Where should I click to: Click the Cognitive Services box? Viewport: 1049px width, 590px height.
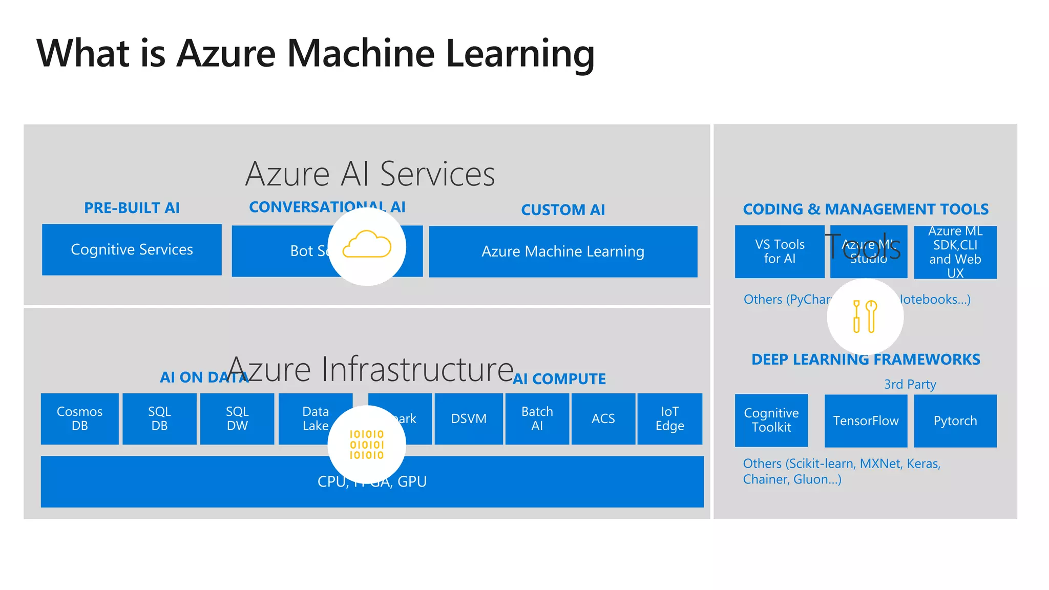pos(132,249)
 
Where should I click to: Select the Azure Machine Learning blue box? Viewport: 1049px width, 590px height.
pos(563,251)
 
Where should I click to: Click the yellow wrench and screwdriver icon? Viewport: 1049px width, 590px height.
pos(865,316)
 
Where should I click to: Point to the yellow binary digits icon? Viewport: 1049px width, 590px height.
pos(367,445)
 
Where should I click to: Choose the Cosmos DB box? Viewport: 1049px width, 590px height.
pos(79,418)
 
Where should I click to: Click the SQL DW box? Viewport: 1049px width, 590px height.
pos(237,418)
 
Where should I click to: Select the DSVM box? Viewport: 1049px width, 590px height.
pos(469,418)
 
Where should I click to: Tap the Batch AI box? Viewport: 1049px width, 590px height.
pos(537,418)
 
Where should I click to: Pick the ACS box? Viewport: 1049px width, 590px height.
pos(603,418)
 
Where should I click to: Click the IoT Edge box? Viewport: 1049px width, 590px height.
pos(669,418)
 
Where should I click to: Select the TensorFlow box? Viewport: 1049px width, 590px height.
pos(866,420)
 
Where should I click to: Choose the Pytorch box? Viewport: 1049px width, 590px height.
pos(955,420)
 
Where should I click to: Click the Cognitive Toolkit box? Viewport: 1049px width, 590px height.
pos(771,420)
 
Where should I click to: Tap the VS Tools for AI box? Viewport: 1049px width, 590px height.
pos(780,251)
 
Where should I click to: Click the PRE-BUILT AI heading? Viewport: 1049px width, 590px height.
pos(132,208)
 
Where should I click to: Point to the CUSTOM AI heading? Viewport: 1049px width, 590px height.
pos(563,210)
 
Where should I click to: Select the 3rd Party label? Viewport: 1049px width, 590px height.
pos(910,384)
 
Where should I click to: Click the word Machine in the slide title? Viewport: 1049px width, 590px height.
pos(361,53)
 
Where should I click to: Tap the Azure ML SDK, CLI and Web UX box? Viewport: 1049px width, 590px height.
pos(955,252)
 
